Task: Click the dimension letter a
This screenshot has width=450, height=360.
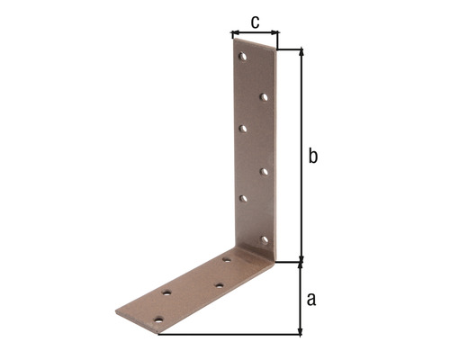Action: pos(311,298)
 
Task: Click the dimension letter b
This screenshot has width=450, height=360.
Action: pos(312,156)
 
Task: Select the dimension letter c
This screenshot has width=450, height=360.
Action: pos(256,21)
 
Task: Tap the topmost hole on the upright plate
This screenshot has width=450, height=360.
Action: pos(242,58)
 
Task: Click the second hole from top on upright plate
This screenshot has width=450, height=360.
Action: pos(264,95)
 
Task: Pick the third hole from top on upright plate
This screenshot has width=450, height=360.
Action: pos(243,129)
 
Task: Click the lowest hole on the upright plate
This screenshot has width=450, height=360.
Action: pos(265,238)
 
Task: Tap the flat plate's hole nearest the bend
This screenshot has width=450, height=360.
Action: pos(226,260)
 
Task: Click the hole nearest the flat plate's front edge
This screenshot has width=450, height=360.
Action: pos(159,319)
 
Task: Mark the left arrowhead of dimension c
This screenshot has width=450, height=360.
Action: pos(233,35)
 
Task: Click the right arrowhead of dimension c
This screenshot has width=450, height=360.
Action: pos(276,35)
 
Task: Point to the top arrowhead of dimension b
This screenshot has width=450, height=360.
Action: pos(301,51)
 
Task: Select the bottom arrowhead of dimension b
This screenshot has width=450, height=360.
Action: pos(301,258)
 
